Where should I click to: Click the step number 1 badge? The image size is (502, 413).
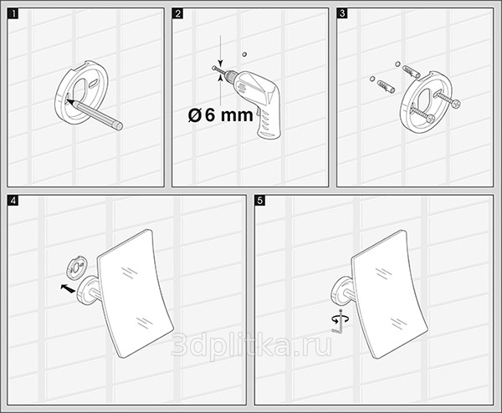pyautogui.click(x=13, y=13)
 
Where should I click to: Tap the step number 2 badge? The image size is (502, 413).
pyautogui.click(x=177, y=13)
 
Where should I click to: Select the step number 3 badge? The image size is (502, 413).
pyautogui.click(x=342, y=13)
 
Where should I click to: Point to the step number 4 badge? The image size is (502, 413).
pyautogui.click(x=13, y=201)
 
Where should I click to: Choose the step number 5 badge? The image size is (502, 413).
pyautogui.click(x=260, y=201)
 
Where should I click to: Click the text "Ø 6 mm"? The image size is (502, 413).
pyautogui.click(x=220, y=115)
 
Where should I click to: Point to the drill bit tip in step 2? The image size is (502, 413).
pyautogui.click(x=213, y=68)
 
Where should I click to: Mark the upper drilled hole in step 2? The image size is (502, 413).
pyautogui.click(x=245, y=54)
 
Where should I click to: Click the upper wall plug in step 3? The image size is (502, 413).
pyautogui.click(x=411, y=71)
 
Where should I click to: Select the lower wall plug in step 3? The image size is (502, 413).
pyautogui.click(x=386, y=86)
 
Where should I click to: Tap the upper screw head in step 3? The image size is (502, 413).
pyautogui.click(x=456, y=103)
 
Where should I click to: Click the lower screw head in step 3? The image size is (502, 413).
pyautogui.click(x=431, y=119)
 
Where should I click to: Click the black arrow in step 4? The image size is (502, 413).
pyautogui.click(x=68, y=288)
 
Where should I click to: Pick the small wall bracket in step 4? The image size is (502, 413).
pyautogui.click(x=76, y=267)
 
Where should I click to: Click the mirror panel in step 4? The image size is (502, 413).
pyautogui.click(x=135, y=293)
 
